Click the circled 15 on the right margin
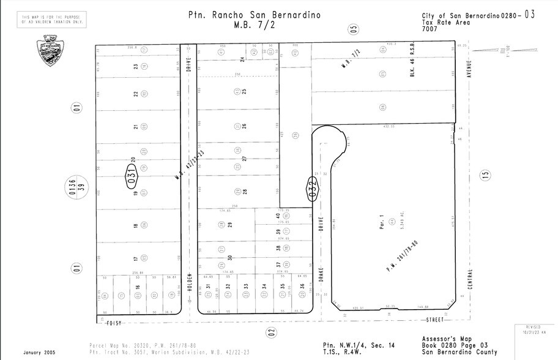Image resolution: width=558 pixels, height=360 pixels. click(x=486, y=174)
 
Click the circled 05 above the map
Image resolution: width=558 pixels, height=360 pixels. click(x=353, y=28)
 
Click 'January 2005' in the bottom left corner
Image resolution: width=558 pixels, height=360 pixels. click(x=39, y=353)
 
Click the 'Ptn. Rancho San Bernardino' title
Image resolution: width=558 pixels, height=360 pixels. click(x=255, y=15)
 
